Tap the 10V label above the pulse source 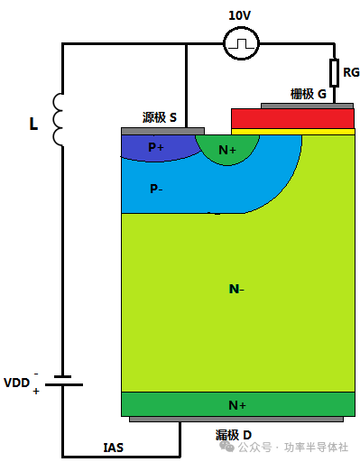tap(240, 14)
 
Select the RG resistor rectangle tap(334, 71)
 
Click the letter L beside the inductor tap(34, 124)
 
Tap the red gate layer tap(292, 118)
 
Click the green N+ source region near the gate tap(226, 149)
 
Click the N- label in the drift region tap(236, 289)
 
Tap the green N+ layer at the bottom tap(237, 404)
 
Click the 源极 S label tap(160, 117)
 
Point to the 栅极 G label tap(308, 93)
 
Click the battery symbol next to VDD tap(62, 381)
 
